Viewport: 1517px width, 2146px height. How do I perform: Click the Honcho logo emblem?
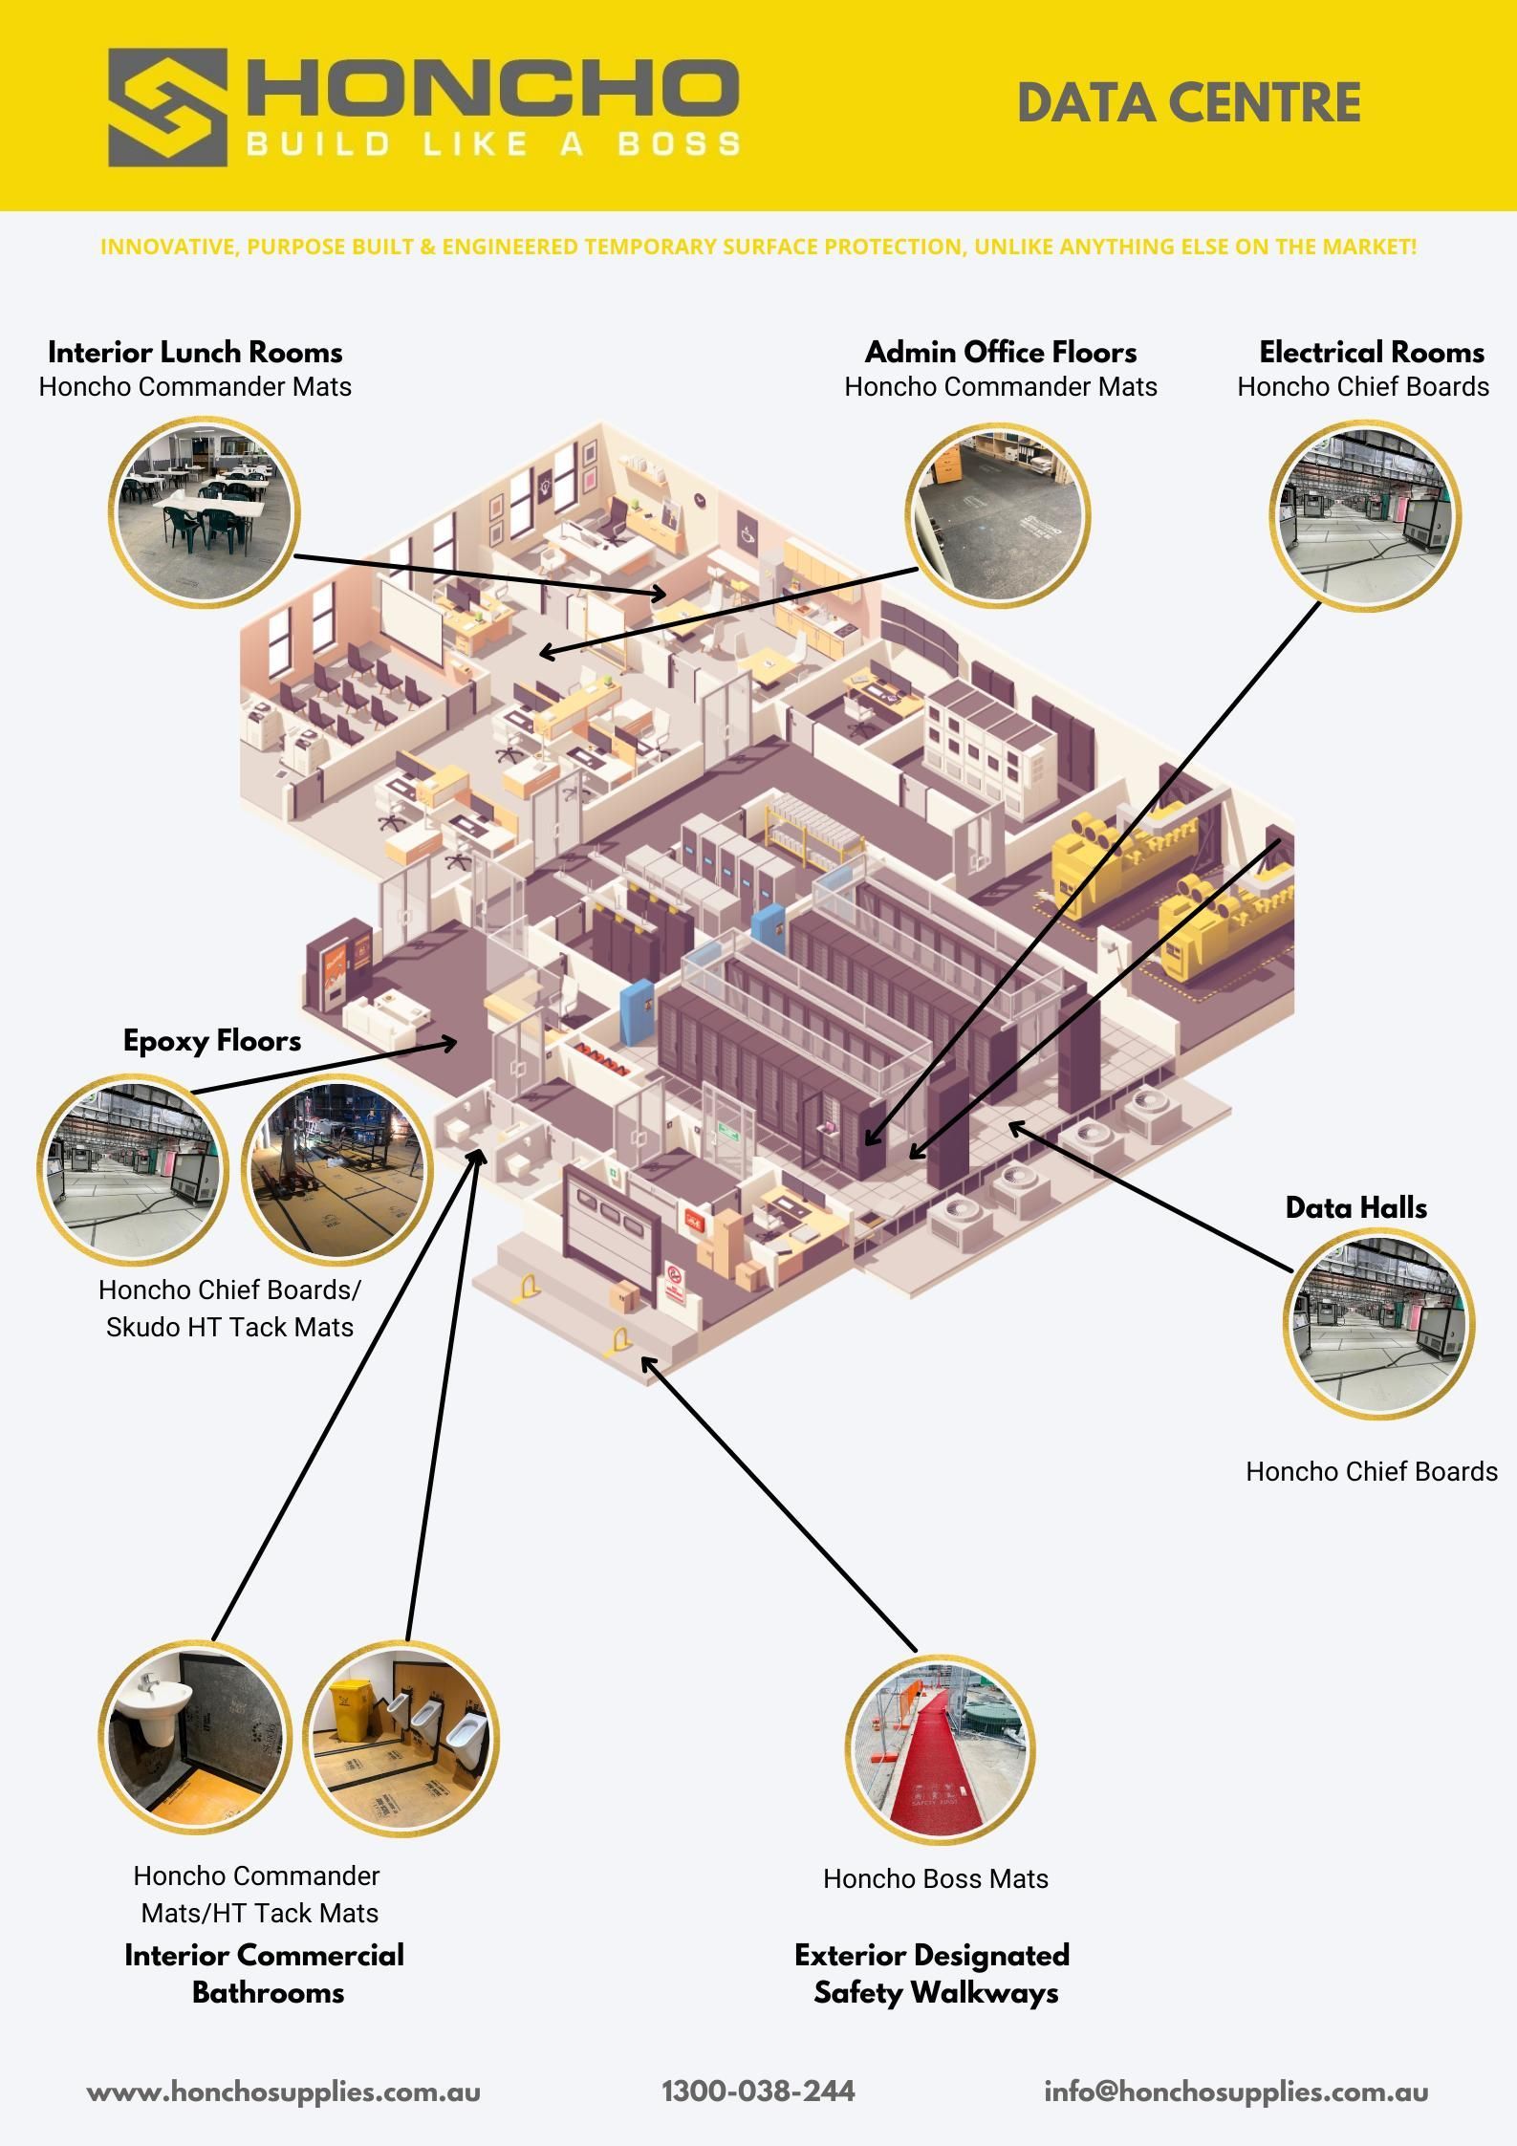tap(167, 107)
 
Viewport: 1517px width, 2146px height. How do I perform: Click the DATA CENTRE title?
tap(1188, 103)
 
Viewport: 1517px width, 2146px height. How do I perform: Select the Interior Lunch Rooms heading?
tap(195, 353)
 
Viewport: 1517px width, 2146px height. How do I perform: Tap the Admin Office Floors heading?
tap(1001, 353)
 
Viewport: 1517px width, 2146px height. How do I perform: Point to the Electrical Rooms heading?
tap(1371, 353)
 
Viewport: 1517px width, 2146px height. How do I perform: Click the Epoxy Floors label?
tap(212, 1041)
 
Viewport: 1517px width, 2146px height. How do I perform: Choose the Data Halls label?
tap(1355, 1208)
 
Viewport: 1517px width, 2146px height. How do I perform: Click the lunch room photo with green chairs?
tap(205, 510)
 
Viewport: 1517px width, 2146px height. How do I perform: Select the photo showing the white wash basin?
tap(194, 1737)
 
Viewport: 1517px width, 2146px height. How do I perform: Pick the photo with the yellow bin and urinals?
tap(401, 1737)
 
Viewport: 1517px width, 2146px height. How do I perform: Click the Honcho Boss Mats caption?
tap(936, 1879)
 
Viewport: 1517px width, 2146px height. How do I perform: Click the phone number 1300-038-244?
tap(758, 2092)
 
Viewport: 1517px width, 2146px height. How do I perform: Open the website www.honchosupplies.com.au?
tap(284, 2092)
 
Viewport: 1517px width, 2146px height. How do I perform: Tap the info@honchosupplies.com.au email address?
tap(1236, 2092)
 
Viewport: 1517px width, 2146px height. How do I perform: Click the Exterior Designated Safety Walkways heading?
tap(933, 1974)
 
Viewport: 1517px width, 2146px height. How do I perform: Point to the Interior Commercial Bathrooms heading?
tap(265, 1974)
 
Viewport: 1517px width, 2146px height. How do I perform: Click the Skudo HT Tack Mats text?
tap(229, 1328)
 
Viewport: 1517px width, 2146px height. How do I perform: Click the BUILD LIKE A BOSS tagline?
tap(493, 145)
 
